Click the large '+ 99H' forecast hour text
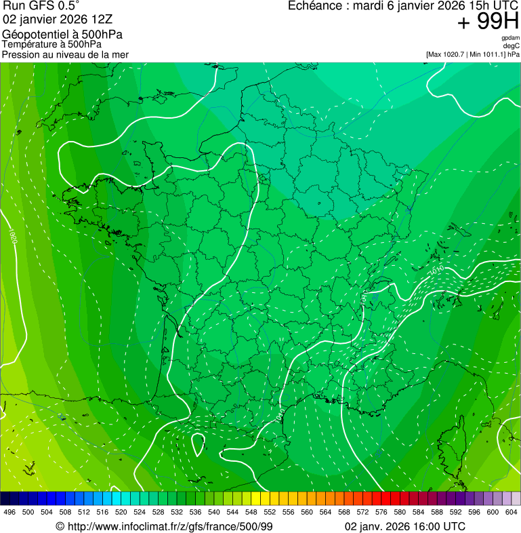pos(488,22)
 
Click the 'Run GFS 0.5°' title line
pos(41,6)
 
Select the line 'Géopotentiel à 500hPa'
pos(62,35)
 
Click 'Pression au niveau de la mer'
pos(65,54)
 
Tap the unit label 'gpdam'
pos(510,38)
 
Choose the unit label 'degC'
pos(512,46)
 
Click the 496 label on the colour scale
pos(9,512)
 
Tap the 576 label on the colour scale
pos(381,512)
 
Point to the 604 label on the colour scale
pos(511,512)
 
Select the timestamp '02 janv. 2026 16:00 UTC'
pos(405,526)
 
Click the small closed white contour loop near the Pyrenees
pos(198,445)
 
